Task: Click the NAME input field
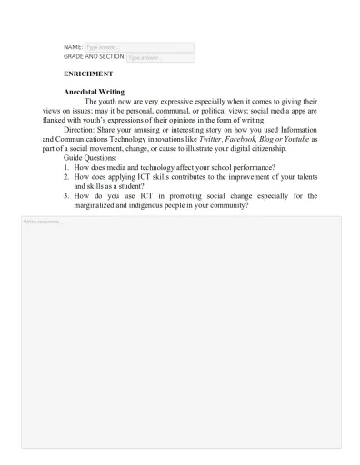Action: click(x=138, y=46)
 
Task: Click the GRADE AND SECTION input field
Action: click(x=159, y=56)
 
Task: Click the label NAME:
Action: click(x=73, y=46)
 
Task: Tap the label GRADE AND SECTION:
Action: click(x=94, y=56)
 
